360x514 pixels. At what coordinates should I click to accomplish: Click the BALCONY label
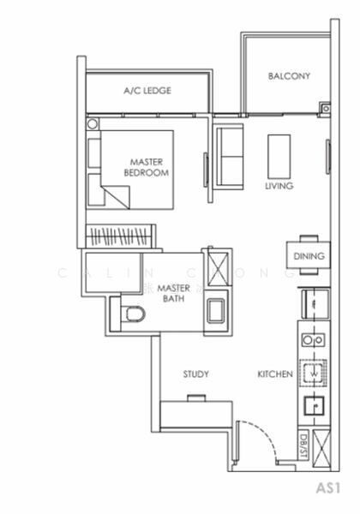(x=289, y=76)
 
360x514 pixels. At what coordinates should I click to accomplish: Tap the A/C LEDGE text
(x=147, y=90)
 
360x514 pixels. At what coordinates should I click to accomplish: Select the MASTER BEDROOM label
(x=147, y=167)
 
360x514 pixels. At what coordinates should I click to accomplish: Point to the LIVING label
(x=279, y=186)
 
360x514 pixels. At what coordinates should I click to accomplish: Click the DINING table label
(x=309, y=256)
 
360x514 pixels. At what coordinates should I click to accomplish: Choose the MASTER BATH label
(x=173, y=293)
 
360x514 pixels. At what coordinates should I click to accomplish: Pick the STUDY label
(x=196, y=374)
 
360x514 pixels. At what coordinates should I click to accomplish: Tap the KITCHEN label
(x=275, y=374)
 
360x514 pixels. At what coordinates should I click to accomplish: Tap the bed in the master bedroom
(x=137, y=169)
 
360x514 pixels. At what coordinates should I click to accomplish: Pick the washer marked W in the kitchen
(x=313, y=374)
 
